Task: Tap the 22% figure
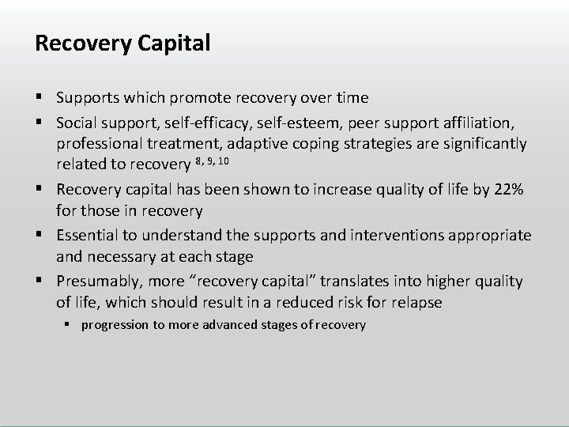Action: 508,190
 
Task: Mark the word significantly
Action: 486,144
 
